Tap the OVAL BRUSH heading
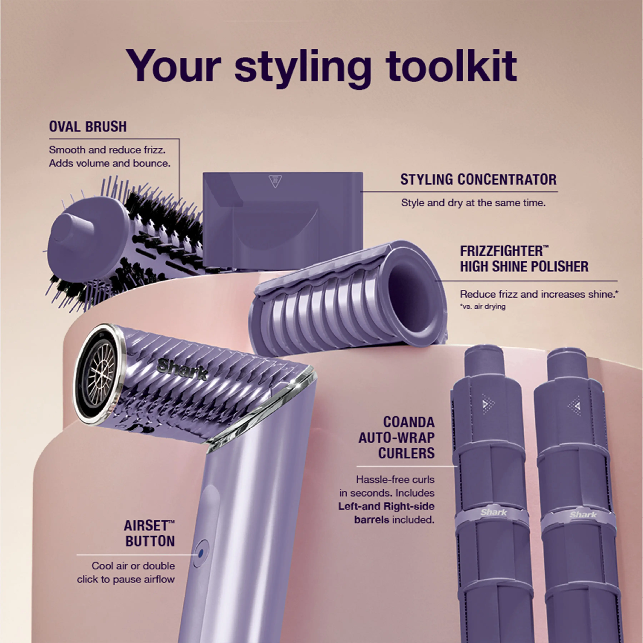coord(88,127)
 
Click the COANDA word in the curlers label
coord(409,422)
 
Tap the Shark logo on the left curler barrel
coord(493,512)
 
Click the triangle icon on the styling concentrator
coord(275,181)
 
